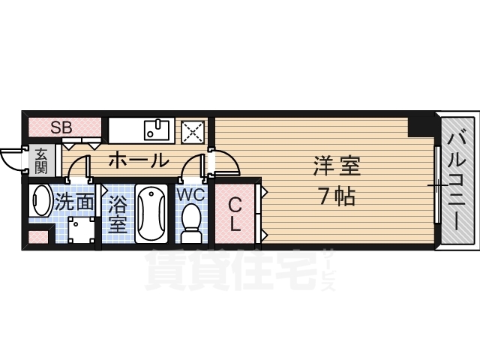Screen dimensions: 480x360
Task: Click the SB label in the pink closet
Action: [x=61, y=127]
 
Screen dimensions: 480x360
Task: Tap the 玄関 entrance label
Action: [x=40, y=161]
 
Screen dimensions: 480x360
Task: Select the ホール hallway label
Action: [x=139, y=160]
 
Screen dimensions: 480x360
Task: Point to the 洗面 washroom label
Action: [x=74, y=202]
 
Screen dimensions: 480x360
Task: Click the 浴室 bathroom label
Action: [x=118, y=214]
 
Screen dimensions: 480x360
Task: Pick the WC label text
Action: [x=191, y=194]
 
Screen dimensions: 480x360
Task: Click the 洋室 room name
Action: [x=337, y=166]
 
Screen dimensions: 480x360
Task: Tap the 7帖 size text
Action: [x=337, y=196]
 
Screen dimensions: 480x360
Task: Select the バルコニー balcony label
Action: [x=457, y=179]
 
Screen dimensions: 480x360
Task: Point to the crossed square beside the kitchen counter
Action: [x=193, y=132]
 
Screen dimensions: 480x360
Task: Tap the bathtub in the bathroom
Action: [x=151, y=214]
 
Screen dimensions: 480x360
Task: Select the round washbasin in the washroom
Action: [x=41, y=201]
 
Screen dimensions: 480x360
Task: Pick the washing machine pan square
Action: [x=82, y=230]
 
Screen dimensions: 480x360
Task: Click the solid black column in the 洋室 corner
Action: [x=421, y=125]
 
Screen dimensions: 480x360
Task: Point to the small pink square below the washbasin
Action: [x=38, y=237]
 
